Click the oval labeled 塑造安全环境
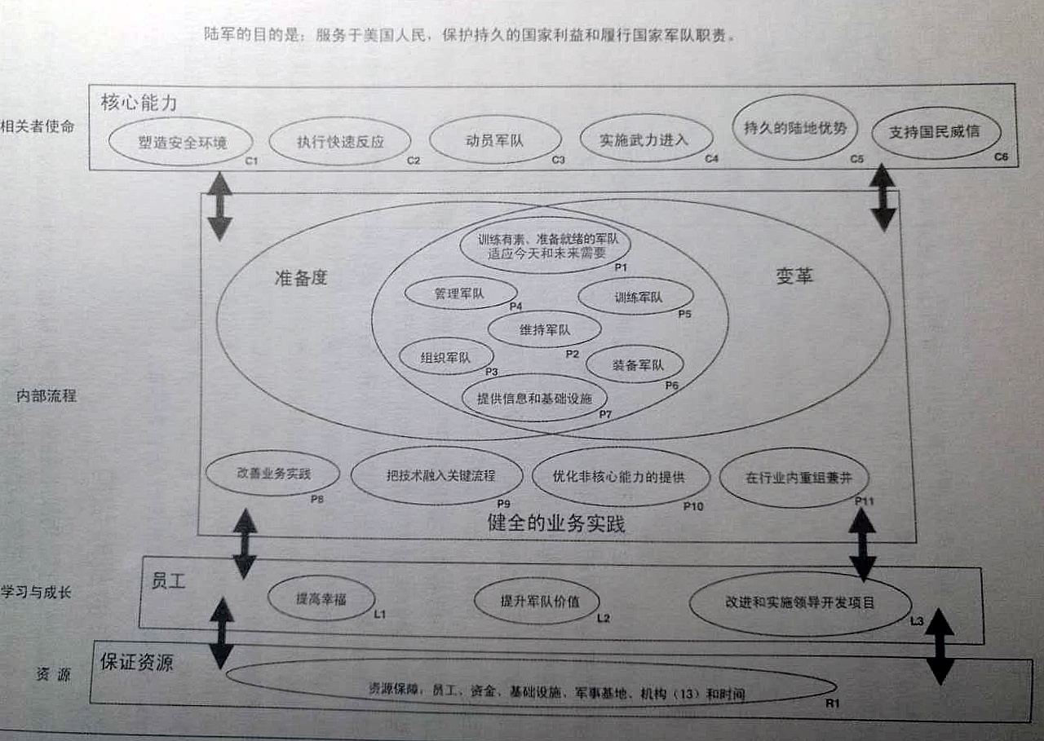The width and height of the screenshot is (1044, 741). click(x=183, y=143)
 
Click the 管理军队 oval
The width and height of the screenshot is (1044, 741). click(x=460, y=293)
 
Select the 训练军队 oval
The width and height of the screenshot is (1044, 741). click(x=636, y=297)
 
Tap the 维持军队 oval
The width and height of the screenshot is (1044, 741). click(x=544, y=329)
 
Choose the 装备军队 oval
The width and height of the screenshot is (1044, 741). click(x=635, y=364)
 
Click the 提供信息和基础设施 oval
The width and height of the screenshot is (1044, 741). click(x=534, y=398)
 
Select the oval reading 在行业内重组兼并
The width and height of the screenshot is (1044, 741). click(x=794, y=477)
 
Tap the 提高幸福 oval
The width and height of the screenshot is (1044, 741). click(x=321, y=599)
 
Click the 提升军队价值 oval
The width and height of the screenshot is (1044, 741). click(x=537, y=602)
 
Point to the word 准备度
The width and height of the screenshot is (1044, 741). click(x=300, y=277)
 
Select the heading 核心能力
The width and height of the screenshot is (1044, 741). click(x=139, y=103)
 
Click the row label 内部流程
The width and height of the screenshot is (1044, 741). click(x=46, y=396)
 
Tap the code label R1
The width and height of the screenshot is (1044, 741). click(x=832, y=703)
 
